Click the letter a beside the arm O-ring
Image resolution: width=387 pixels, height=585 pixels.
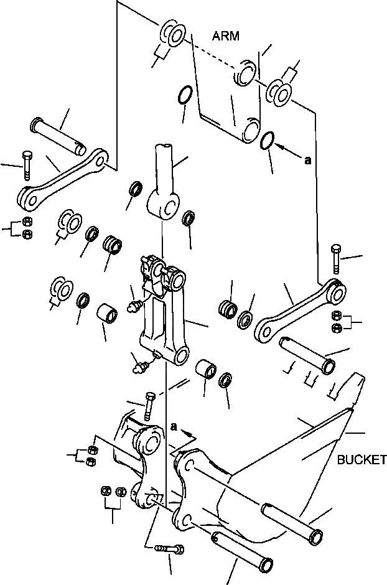pos(307,161)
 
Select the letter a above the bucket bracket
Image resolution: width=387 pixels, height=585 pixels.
pos(173,426)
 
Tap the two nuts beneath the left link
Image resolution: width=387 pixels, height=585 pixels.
pos(27,228)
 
